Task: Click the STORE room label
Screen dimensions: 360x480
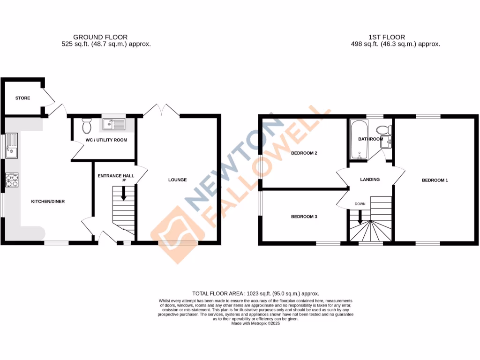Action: point(22,98)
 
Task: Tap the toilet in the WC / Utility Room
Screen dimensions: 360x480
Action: point(87,126)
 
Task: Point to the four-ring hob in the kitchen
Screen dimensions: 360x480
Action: point(11,180)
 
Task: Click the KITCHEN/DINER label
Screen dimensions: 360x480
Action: point(47,202)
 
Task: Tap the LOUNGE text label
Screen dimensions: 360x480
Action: point(178,180)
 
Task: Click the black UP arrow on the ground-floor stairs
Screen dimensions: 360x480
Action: point(124,193)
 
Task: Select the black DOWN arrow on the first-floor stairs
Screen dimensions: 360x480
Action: point(360,217)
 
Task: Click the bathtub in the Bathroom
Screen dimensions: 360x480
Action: point(360,140)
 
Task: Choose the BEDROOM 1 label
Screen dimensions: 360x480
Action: point(435,180)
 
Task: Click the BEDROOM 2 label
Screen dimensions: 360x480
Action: point(304,153)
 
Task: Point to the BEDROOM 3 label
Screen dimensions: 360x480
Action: point(304,217)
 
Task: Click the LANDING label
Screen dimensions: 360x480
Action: point(369,180)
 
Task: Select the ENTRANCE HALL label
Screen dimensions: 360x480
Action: point(115,176)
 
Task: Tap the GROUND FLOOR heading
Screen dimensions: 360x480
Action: point(100,37)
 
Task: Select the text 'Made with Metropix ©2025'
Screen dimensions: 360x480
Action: point(255,323)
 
